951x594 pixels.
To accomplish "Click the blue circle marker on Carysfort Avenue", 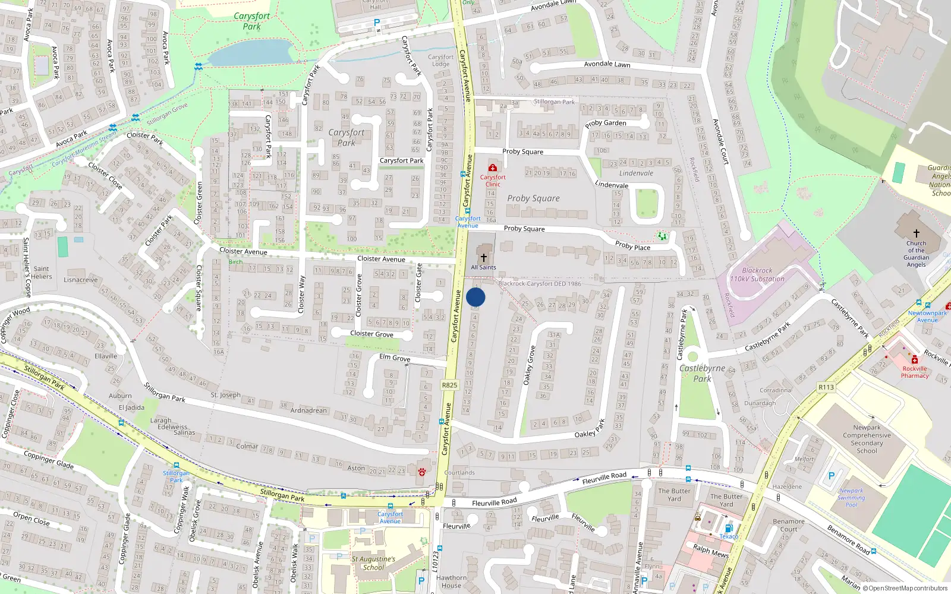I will pos(475,298).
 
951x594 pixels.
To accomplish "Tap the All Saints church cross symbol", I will pos(484,257).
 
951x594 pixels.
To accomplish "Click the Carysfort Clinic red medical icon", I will pos(493,168).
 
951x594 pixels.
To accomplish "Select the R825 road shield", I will pos(449,385).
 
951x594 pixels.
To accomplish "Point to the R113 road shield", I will pos(826,387).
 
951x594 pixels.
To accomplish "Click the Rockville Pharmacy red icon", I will pos(915,360).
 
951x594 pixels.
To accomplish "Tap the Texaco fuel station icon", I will pos(729,528).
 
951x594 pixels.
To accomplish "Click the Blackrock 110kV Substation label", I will pos(757,274).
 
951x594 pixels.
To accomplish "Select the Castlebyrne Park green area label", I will pos(702,373).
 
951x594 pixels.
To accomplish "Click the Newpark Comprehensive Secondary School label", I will pos(867,439).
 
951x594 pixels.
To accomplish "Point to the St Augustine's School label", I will pos(373,563).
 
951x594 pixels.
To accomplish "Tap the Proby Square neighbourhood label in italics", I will pos(533,198).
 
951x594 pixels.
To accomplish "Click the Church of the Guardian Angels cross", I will pos(916,233).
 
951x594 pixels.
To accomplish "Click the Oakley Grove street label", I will pos(528,365).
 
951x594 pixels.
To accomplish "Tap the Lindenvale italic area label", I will pos(636,173).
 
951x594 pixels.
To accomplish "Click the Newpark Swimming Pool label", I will pos(851,498).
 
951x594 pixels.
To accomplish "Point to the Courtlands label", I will pos(459,473).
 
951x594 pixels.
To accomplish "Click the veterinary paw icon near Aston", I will pos(422,472).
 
